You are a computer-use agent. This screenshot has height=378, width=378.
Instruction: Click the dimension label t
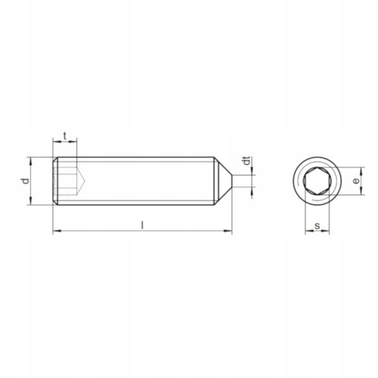[x=65, y=136]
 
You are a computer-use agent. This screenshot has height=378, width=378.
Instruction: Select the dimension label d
[x=26, y=181]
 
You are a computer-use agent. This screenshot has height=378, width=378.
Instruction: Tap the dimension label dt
[x=247, y=160]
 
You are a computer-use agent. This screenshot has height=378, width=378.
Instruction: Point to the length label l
[x=142, y=225]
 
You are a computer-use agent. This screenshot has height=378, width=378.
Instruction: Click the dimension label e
[x=356, y=181]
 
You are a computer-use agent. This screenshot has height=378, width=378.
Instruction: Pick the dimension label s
[x=317, y=226]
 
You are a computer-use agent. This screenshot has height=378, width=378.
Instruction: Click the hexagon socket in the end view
[x=317, y=181]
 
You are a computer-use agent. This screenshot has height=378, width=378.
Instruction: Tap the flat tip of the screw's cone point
[x=232, y=181]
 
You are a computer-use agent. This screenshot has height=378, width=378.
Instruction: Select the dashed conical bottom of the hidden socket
[x=81, y=181]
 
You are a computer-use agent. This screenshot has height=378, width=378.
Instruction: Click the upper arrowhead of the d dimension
[x=30, y=161]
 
